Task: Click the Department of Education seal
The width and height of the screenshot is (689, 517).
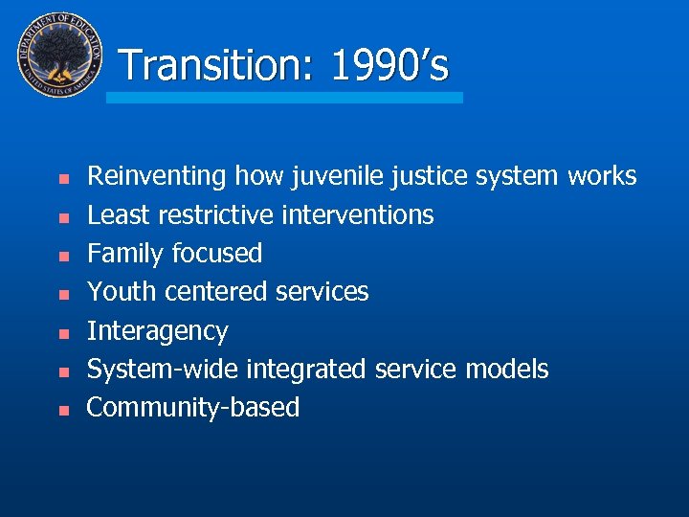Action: pyautogui.click(x=58, y=55)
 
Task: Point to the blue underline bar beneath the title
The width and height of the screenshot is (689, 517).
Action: pyautogui.click(x=284, y=98)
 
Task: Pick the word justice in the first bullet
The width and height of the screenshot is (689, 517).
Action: pyautogui.click(x=415, y=177)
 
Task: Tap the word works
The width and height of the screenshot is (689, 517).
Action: pyautogui.click(x=601, y=177)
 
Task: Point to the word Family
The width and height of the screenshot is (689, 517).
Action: pyautogui.click(x=125, y=254)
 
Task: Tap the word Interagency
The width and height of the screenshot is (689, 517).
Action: pyautogui.click(x=158, y=331)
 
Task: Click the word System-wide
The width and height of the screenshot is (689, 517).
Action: pyautogui.click(x=163, y=370)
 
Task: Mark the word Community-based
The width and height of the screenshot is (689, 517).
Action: pyautogui.click(x=193, y=408)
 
